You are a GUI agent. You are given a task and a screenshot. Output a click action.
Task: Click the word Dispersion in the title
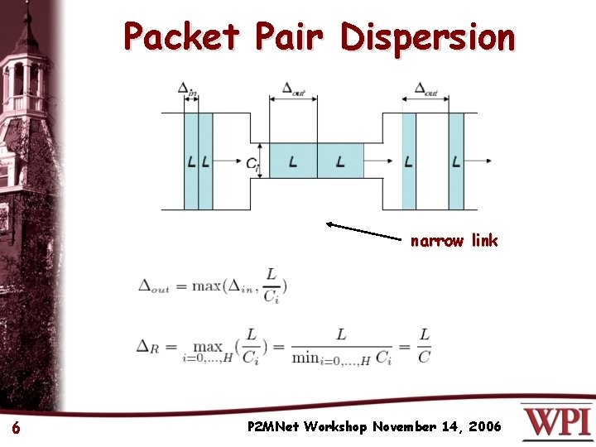(x=427, y=37)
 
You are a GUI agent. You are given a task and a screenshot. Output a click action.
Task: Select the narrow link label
(x=454, y=241)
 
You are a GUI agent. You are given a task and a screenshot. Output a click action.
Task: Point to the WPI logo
(x=557, y=421)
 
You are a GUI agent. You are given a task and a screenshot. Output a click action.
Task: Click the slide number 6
(x=16, y=428)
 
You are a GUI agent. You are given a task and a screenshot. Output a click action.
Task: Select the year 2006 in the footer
(x=484, y=427)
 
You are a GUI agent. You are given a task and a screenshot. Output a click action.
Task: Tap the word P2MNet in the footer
(x=273, y=427)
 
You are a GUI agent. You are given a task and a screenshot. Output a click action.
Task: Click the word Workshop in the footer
(x=336, y=427)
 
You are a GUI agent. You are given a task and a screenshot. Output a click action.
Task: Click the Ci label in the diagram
(x=252, y=163)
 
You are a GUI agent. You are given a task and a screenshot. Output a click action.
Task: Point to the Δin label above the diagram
(x=188, y=90)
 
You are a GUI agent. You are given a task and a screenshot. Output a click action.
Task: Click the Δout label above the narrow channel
(x=293, y=89)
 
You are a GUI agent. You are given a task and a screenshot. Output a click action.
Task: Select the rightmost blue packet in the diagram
(x=456, y=161)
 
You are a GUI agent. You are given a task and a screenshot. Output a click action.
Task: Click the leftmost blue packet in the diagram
(x=191, y=161)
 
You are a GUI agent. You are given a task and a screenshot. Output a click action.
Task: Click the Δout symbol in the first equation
(x=153, y=286)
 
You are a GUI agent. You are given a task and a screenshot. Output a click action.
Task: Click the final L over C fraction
(x=423, y=347)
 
